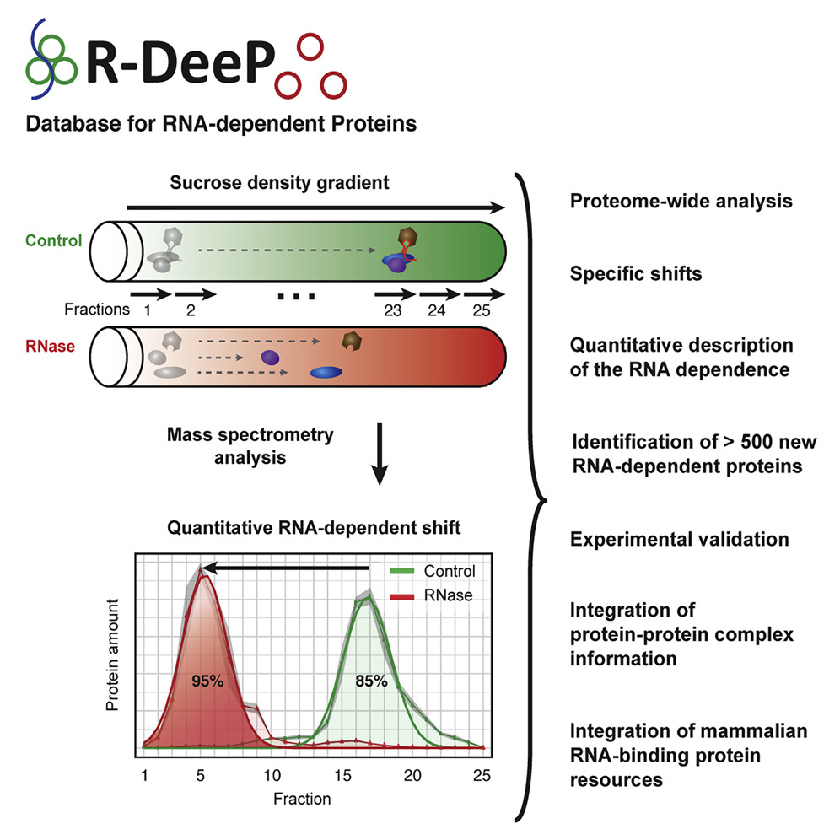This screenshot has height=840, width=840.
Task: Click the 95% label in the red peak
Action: point(206,680)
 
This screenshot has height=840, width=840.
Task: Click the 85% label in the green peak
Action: point(369,680)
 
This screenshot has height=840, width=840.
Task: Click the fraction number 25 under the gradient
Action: point(482,310)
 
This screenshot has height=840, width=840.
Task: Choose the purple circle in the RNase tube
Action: point(270,358)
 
